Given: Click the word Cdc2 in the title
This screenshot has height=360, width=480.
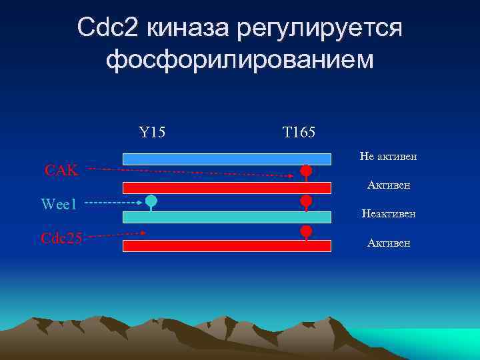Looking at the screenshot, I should click(108, 28).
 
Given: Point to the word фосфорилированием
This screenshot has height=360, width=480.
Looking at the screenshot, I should click(240, 60).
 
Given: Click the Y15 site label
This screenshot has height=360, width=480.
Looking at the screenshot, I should click(152, 132).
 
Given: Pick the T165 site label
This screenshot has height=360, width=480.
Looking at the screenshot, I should click(299, 132).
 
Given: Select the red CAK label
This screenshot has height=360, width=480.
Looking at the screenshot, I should click(61, 170).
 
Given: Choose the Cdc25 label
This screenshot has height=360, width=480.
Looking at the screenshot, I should click(61, 237).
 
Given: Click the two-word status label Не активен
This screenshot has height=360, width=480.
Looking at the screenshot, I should click(388, 156).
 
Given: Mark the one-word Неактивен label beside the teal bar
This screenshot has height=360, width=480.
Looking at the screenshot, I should click(388, 214).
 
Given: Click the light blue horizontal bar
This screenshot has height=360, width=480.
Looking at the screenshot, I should click(227, 159).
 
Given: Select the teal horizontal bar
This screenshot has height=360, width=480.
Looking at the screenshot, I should click(227, 217).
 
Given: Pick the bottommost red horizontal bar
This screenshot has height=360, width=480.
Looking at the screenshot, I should click(227, 246).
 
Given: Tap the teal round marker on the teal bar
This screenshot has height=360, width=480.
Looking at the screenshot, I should click(151, 200).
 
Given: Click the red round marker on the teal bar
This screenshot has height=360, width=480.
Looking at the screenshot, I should click(306, 200).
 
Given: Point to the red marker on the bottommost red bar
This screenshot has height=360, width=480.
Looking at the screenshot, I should click(306, 231).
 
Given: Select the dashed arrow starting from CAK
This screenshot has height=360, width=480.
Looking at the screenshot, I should click(190, 173).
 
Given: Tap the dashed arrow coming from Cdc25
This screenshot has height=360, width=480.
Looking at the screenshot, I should click(117, 234).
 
